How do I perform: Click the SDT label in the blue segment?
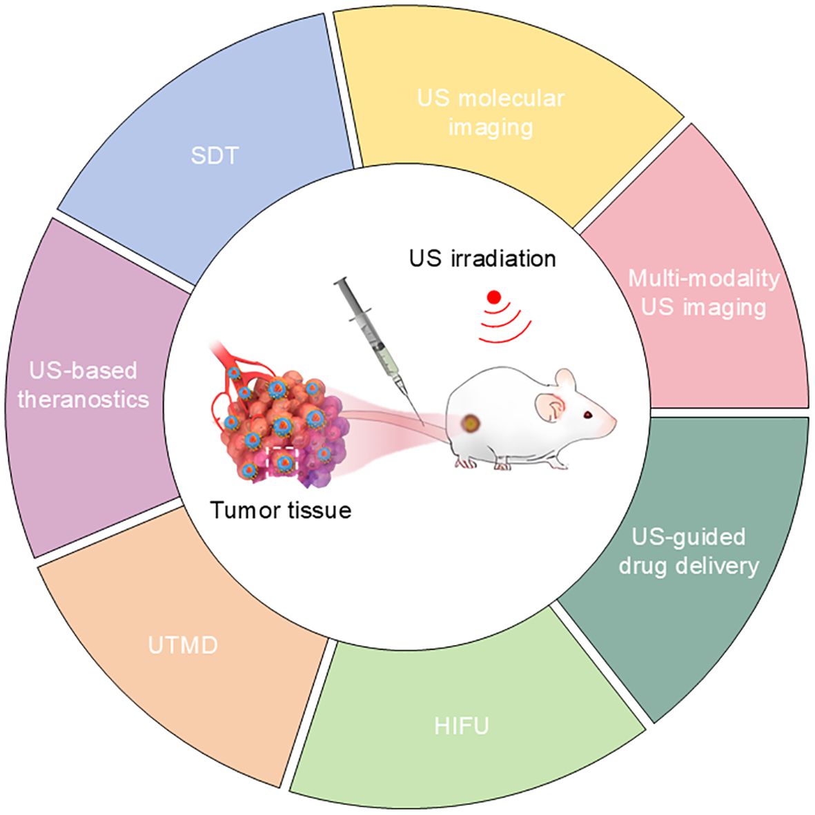pyautogui.click(x=214, y=155)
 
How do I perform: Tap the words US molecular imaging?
pyautogui.click(x=491, y=112)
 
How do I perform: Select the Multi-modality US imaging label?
pyautogui.click(x=703, y=293)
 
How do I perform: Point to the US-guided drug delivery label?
pyautogui.click(x=689, y=551)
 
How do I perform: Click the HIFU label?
pyautogui.click(x=462, y=726)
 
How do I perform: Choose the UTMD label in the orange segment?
pyautogui.click(x=183, y=646)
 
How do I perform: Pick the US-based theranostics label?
pyautogui.click(x=84, y=384)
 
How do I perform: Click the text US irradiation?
pyautogui.click(x=482, y=259)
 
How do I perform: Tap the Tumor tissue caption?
pyautogui.click(x=281, y=511)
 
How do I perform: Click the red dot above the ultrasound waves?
pyautogui.click(x=493, y=297)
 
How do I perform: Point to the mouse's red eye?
pyautogui.click(x=587, y=415)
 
